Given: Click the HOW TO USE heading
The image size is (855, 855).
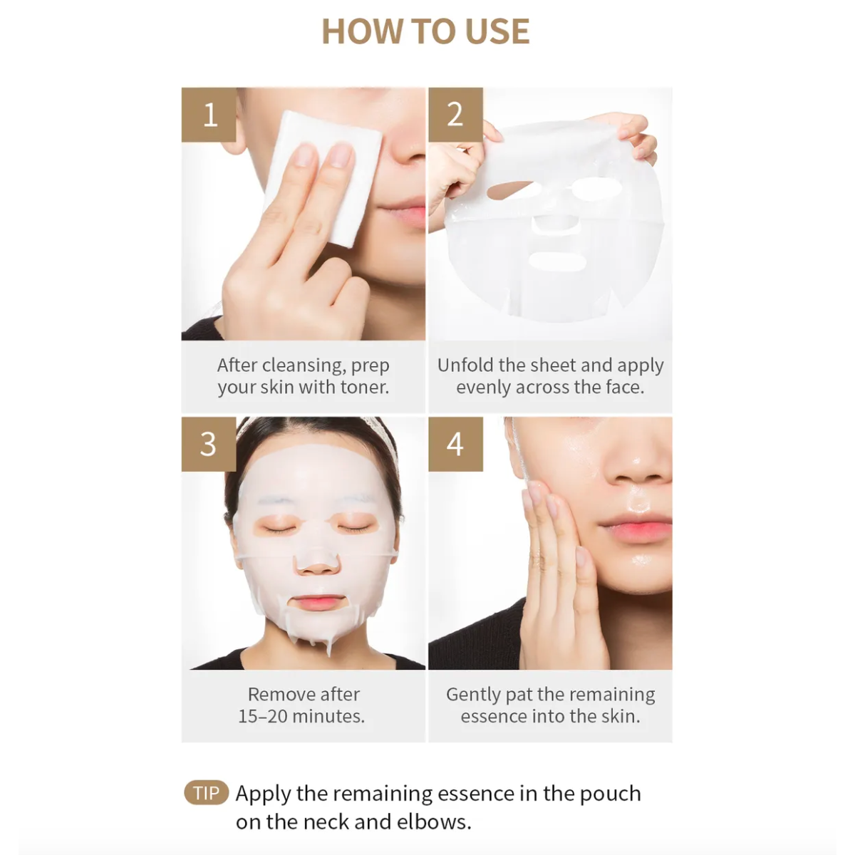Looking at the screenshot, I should (x=425, y=31).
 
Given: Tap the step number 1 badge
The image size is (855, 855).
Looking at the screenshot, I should (x=209, y=115).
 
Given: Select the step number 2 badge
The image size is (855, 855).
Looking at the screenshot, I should (x=455, y=115).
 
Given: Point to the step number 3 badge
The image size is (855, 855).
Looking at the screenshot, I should (x=208, y=444).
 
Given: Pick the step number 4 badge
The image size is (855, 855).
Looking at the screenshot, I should (x=455, y=444).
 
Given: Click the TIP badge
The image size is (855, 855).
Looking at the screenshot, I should (x=206, y=793).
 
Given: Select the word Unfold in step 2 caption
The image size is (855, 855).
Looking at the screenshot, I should (x=465, y=366).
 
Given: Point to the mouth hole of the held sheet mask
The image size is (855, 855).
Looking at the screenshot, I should (x=556, y=261).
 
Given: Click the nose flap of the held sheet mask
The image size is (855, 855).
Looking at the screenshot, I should (x=556, y=222).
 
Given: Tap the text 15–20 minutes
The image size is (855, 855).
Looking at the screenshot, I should (x=301, y=716).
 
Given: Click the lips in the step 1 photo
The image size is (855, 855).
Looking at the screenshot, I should (x=403, y=212).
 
